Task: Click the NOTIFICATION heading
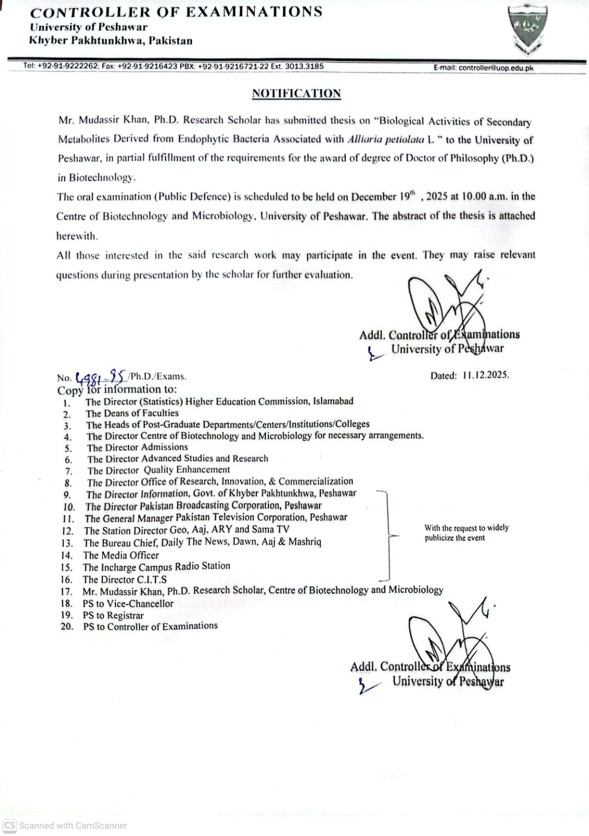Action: (296, 94)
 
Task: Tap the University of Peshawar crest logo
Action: (529, 31)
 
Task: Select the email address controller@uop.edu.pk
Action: (496, 67)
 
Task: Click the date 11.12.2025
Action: (485, 375)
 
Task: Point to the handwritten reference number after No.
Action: (101, 376)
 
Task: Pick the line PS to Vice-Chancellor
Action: (128, 603)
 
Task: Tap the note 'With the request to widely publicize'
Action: (466, 532)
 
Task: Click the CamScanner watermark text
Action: (73, 826)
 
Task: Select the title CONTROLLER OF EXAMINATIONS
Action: (176, 12)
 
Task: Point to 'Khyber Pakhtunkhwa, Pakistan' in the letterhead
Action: (111, 41)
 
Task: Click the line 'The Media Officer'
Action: (121, 555)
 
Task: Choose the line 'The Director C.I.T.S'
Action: (125, 579)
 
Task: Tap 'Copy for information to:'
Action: (117, 389)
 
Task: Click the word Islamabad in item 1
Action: (333, 401)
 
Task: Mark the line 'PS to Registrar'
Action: (113, 615)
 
